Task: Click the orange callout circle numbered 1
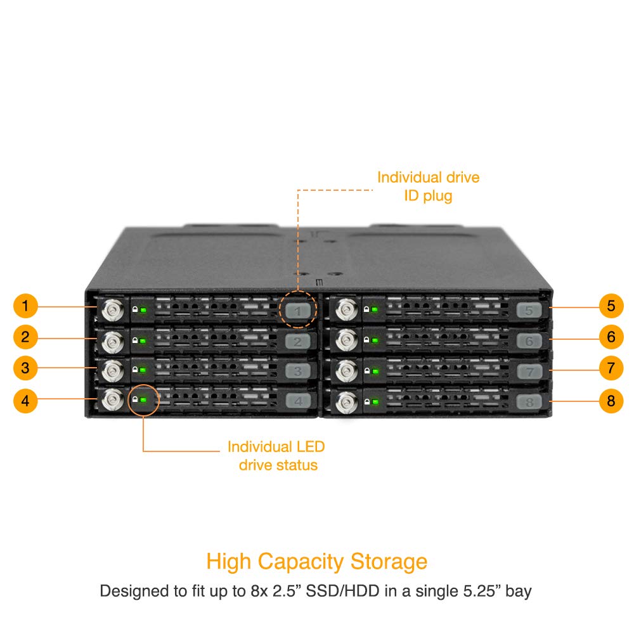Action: [25, 306]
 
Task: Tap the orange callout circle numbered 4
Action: [25, 401]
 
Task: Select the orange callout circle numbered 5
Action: [611, 306]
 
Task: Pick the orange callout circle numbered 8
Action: [611, 401]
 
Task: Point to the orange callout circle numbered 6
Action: [611, 337]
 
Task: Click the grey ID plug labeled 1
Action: [298, 311]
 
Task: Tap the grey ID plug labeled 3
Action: [298, 371]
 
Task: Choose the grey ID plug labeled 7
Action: [529, 372]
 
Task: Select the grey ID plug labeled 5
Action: [529, 311]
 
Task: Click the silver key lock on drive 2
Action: [113, 342]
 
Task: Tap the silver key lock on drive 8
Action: [347, 403]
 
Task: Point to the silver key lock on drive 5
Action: [347, 310]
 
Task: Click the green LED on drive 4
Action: [143, 399]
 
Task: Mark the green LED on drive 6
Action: [375, 340]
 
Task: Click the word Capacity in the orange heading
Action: [301, 562]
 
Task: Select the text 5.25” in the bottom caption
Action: [482, 591]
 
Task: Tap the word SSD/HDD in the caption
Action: [342, 591]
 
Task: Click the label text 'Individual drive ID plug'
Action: [428, 186]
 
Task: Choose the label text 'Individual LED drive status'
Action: [276, 456]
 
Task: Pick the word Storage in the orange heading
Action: [389, 562]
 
